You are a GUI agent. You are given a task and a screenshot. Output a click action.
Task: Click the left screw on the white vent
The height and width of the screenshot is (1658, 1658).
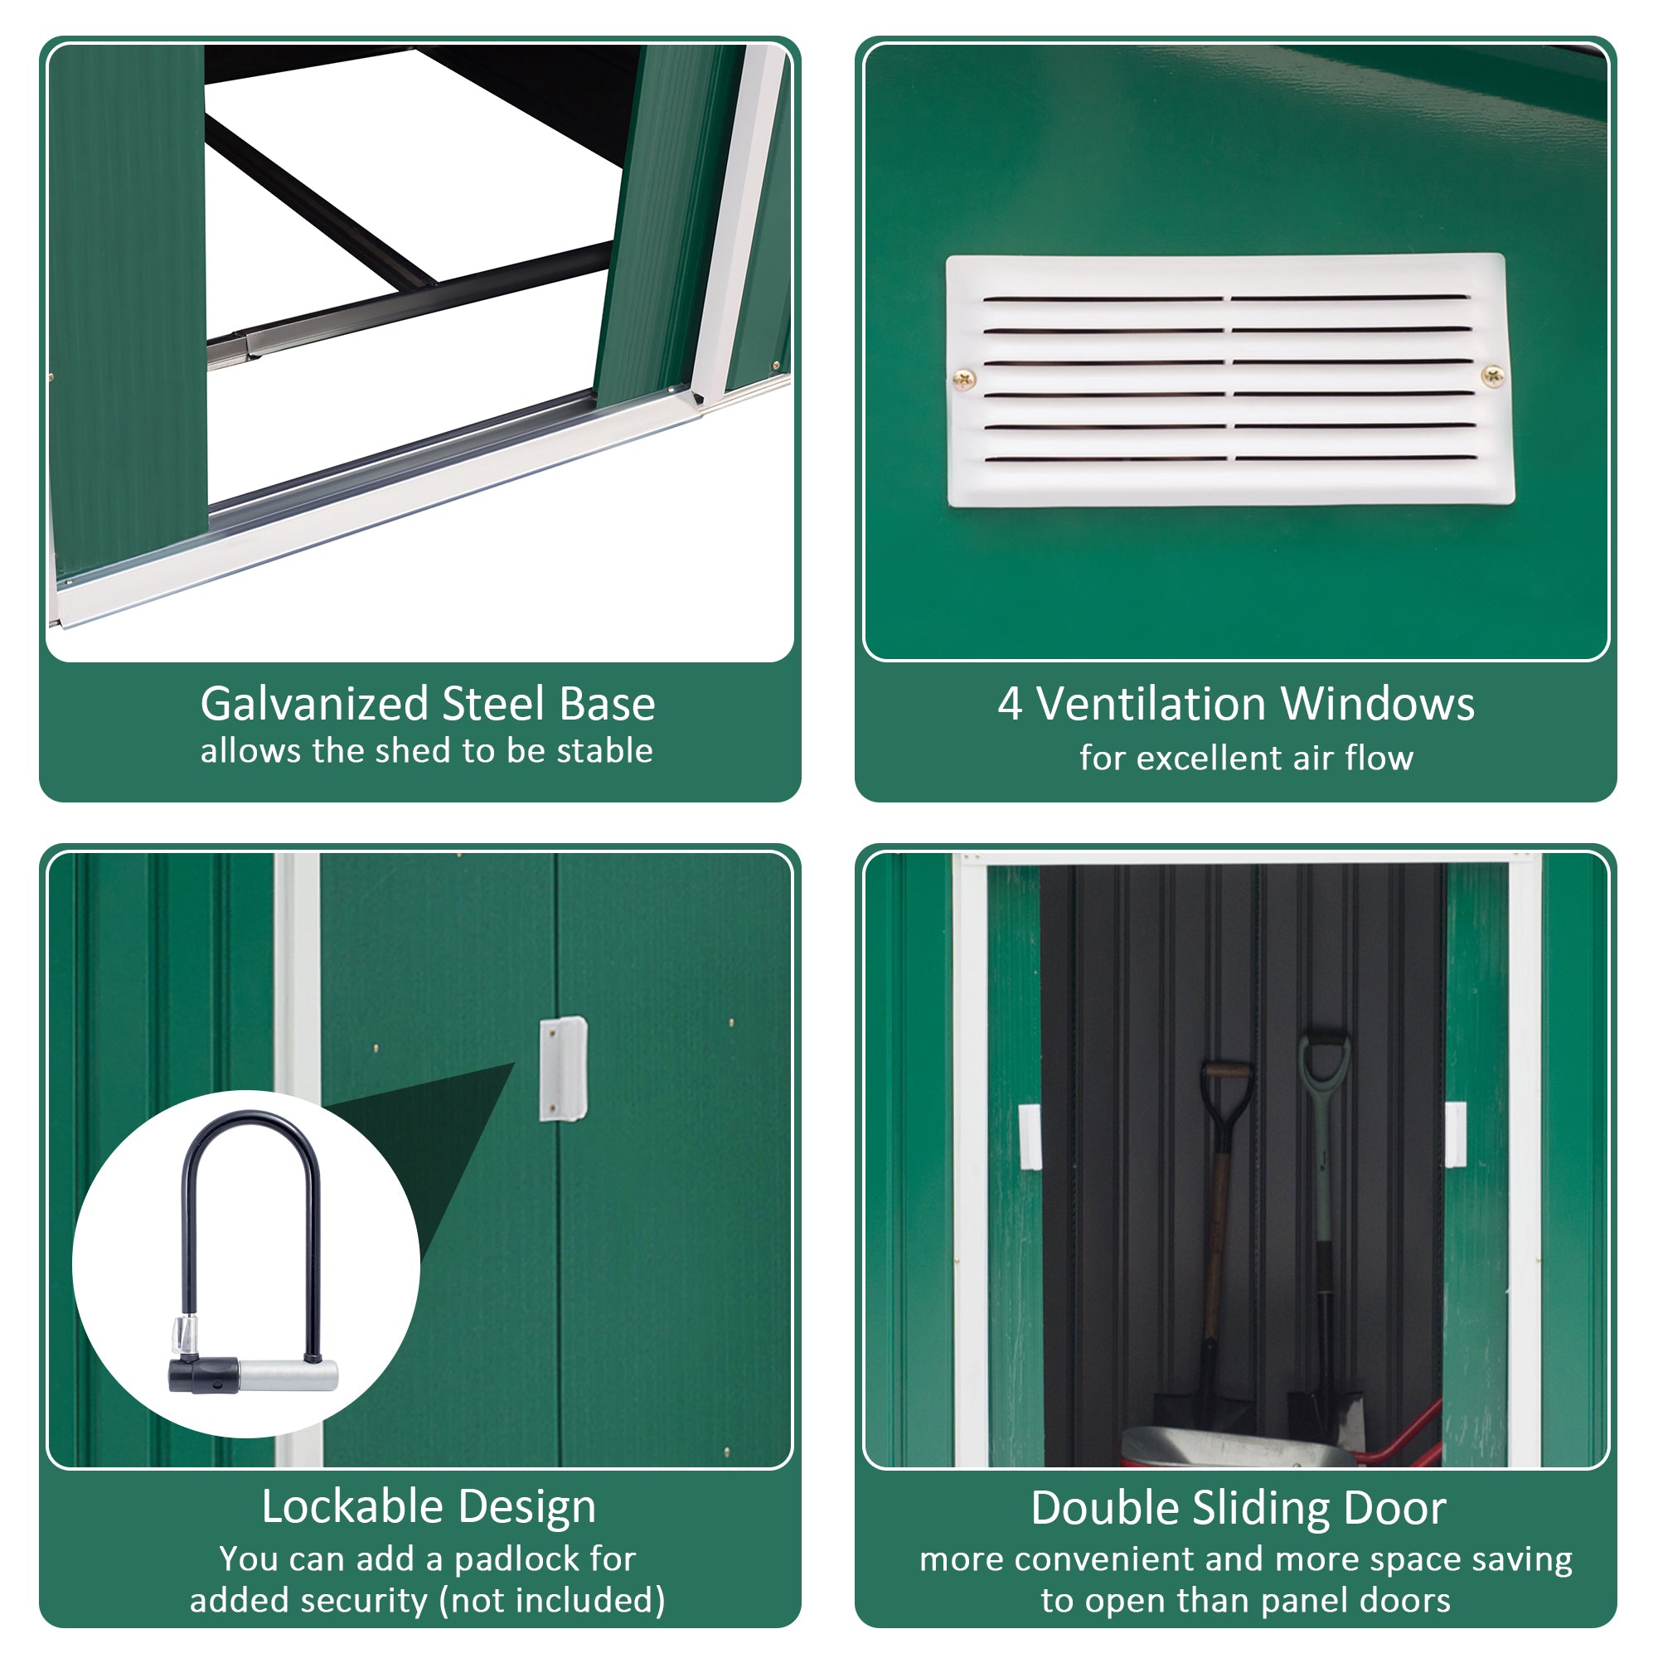[x=965, y=377]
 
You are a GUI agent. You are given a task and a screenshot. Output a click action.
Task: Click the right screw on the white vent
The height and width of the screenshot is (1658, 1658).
[x=1493, y=375]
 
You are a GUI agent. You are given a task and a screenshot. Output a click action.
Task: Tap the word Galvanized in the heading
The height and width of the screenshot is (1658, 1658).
[x=314, y=704]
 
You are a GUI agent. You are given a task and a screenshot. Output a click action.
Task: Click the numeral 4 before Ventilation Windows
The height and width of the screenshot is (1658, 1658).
[x=1009, y=704]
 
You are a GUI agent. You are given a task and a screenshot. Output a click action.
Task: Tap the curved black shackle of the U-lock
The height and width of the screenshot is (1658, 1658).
[x=250, y=1142]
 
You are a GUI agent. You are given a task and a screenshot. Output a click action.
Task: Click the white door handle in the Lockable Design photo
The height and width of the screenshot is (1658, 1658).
[x=563, y=1069]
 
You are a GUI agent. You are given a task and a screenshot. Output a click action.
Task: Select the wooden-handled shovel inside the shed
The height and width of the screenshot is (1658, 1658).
[x=1219, y=1219]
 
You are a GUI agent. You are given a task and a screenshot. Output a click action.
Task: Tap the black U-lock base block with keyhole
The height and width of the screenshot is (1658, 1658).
[x=204, y=1374]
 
